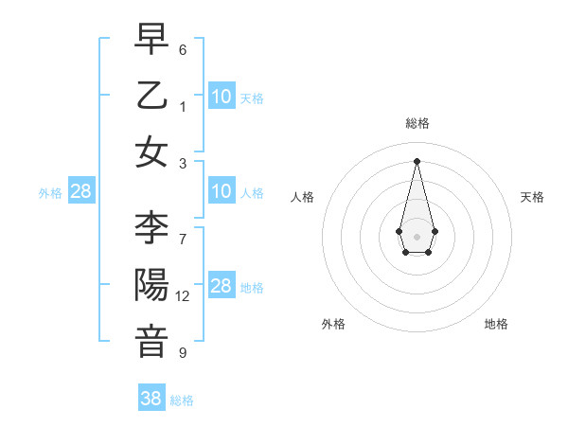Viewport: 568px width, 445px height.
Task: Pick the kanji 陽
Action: (x=151, y=285)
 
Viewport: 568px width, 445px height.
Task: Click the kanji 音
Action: (x=151, y=342)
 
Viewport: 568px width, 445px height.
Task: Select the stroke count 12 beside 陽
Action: (x=183, y=296)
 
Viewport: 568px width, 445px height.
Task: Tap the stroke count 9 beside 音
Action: (x=183, y=353)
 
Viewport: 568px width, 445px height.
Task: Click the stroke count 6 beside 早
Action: (x=183, y=49)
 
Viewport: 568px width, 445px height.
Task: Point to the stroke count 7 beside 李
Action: (x=183, y=239)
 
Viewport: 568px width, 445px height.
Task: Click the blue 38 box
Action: (x=151, y=399)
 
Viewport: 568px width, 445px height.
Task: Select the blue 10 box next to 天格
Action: (x=222, y=96)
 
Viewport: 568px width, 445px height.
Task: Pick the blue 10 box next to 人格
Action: (x=222, y=191)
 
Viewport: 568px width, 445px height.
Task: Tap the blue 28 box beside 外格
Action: (x=80, y=191)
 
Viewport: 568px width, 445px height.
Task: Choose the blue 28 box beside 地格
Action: (x=222, y=286)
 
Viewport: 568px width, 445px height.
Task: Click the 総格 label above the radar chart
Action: (x=417, y=123)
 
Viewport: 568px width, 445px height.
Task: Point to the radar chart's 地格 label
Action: (x=496, y=324)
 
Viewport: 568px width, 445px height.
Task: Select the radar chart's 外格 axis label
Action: (x=333, y=324)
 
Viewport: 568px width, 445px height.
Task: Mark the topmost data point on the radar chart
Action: (x=417, y=161)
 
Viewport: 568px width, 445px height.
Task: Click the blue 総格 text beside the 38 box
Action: (x=182, y=400)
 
